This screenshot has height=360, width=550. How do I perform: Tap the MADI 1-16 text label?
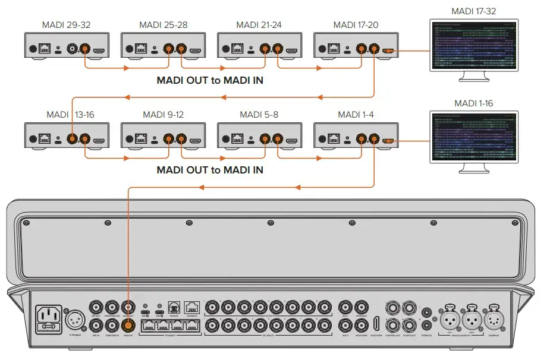point(473,103)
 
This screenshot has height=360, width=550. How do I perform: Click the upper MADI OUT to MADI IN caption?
point(210,80)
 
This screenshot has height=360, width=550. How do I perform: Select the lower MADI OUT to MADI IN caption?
point(210,170)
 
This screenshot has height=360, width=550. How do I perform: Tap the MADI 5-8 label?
point(258,114)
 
